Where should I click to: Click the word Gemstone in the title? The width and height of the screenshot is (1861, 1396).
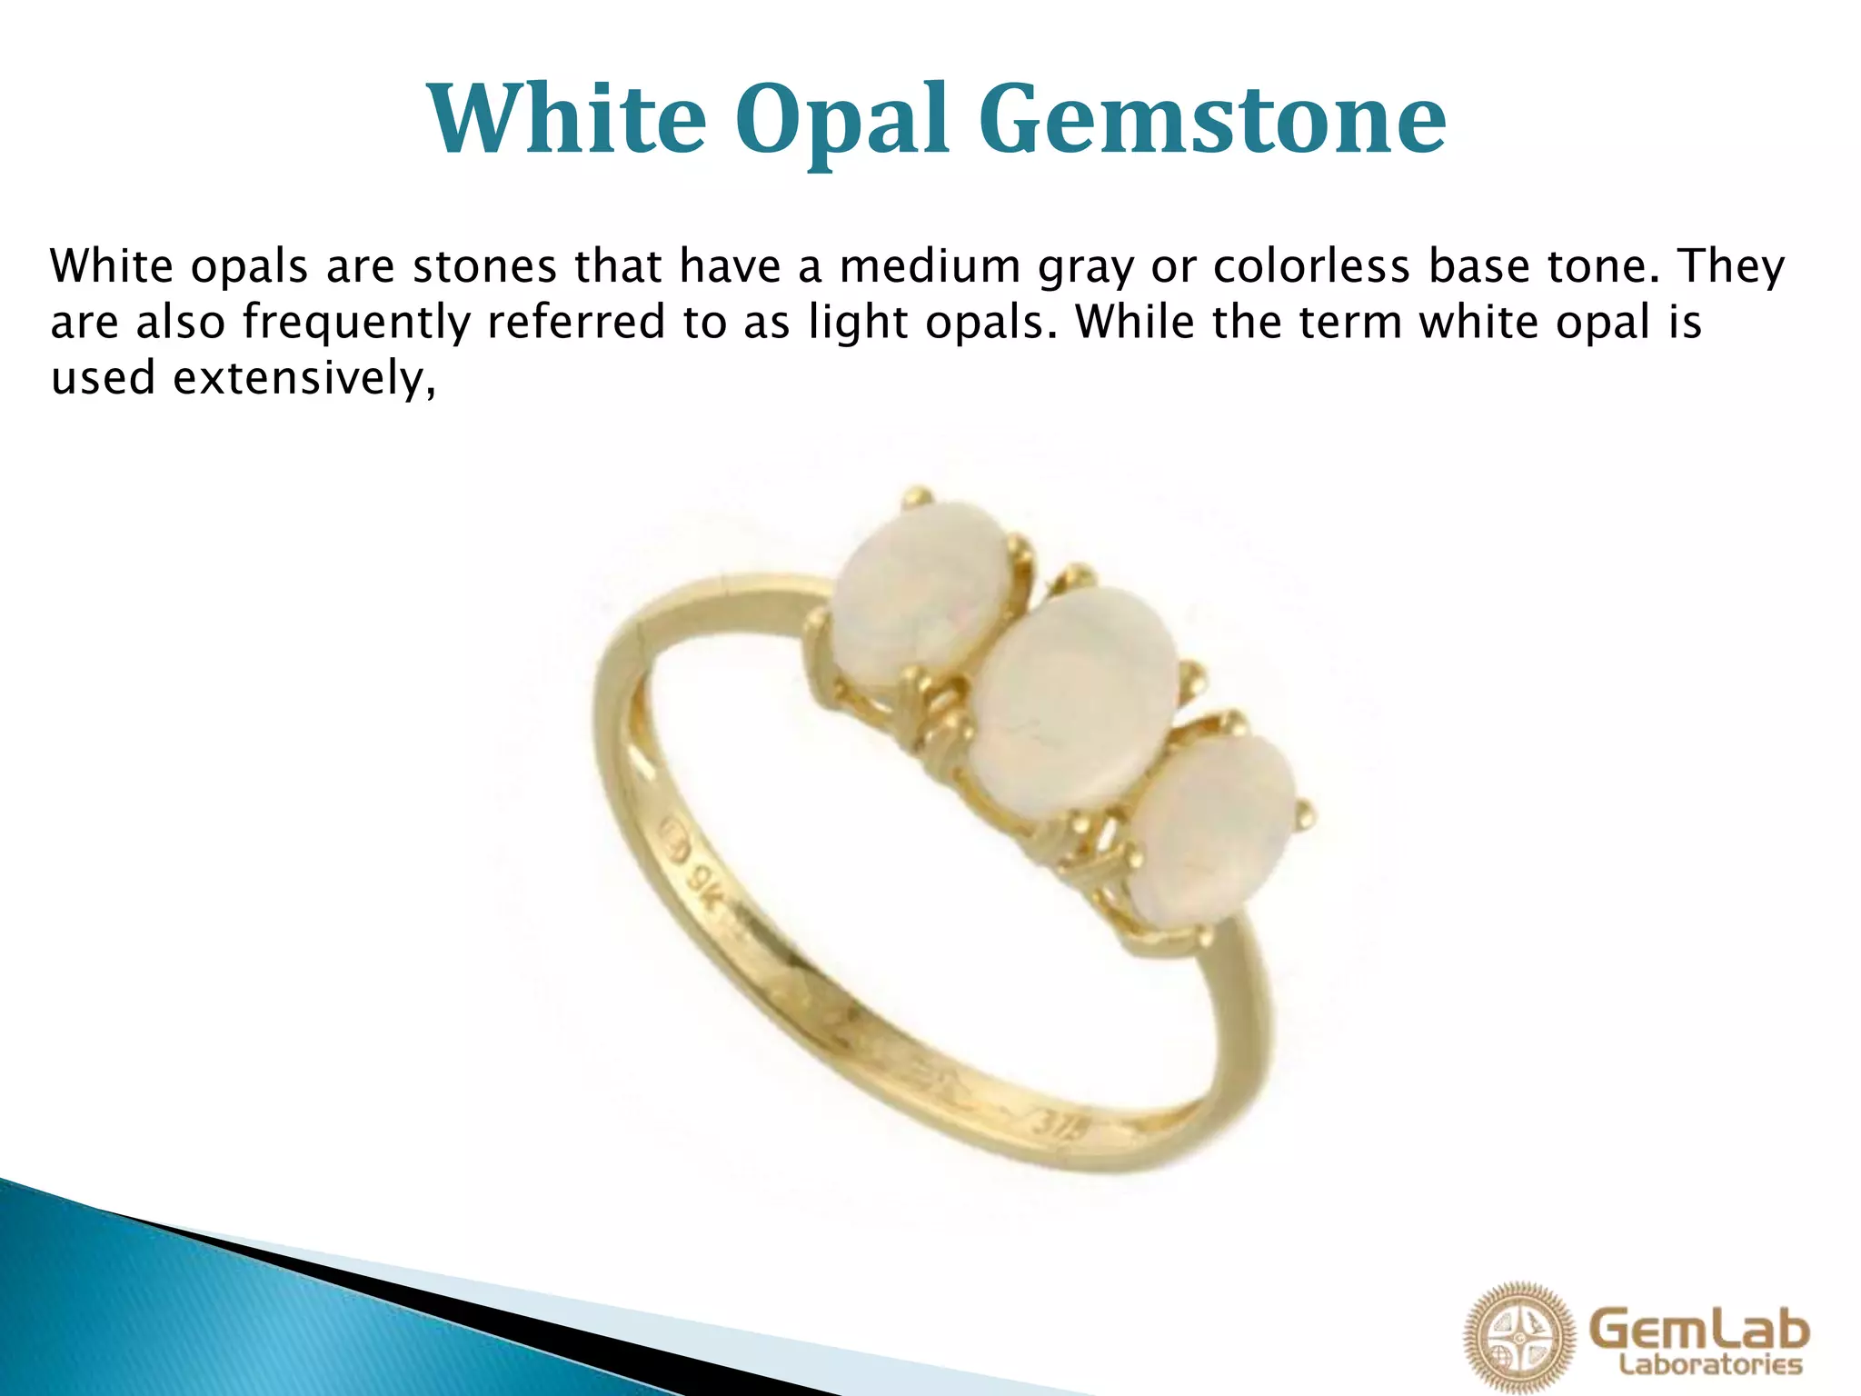[x=1213, y=119]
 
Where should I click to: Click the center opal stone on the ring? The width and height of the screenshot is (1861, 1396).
[x=1074, y=697]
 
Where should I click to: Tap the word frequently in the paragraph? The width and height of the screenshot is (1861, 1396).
[x=357, y=323]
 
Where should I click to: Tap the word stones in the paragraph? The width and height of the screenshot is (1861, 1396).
[x=484, y=265]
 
